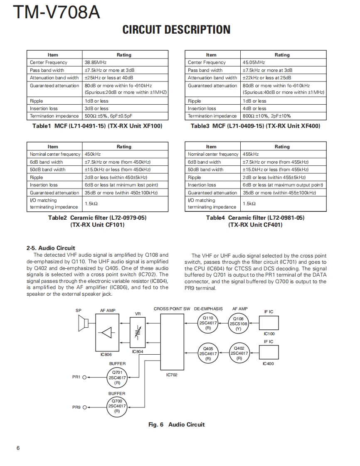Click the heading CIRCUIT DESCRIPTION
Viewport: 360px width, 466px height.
pos(176,29)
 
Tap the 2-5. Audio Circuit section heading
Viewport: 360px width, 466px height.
pos(51,248)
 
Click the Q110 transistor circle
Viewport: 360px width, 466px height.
pos(208,323)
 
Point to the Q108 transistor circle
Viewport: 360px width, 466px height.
pos(238,324)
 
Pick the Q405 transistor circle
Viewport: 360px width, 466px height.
pos(208,353)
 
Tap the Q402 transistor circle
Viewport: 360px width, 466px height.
pos(239,353)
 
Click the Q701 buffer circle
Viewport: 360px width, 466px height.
pos(117,378)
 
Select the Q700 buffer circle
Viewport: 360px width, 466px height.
pos(117,406)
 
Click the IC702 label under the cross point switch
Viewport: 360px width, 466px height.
pos(172,375)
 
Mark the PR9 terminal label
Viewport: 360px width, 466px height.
pos(76,407)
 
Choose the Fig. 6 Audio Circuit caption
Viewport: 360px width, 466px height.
pos(176,424)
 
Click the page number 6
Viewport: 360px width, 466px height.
pos(18,448)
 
